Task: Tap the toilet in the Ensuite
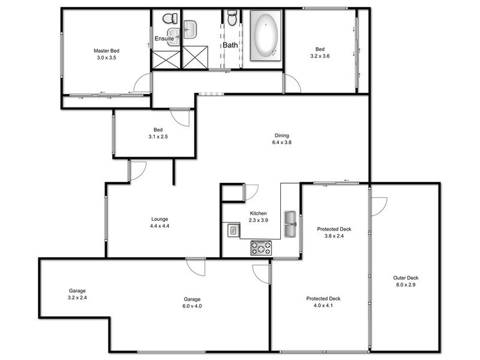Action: pos(169,19)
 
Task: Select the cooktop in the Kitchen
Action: pos(260,246)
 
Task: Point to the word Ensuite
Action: pos(164,39)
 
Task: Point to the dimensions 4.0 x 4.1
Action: pos(325,305)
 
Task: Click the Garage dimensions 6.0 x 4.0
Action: pos(192,307)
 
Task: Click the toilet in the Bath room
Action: pos(232,19)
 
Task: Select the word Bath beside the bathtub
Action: pos(231,45)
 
